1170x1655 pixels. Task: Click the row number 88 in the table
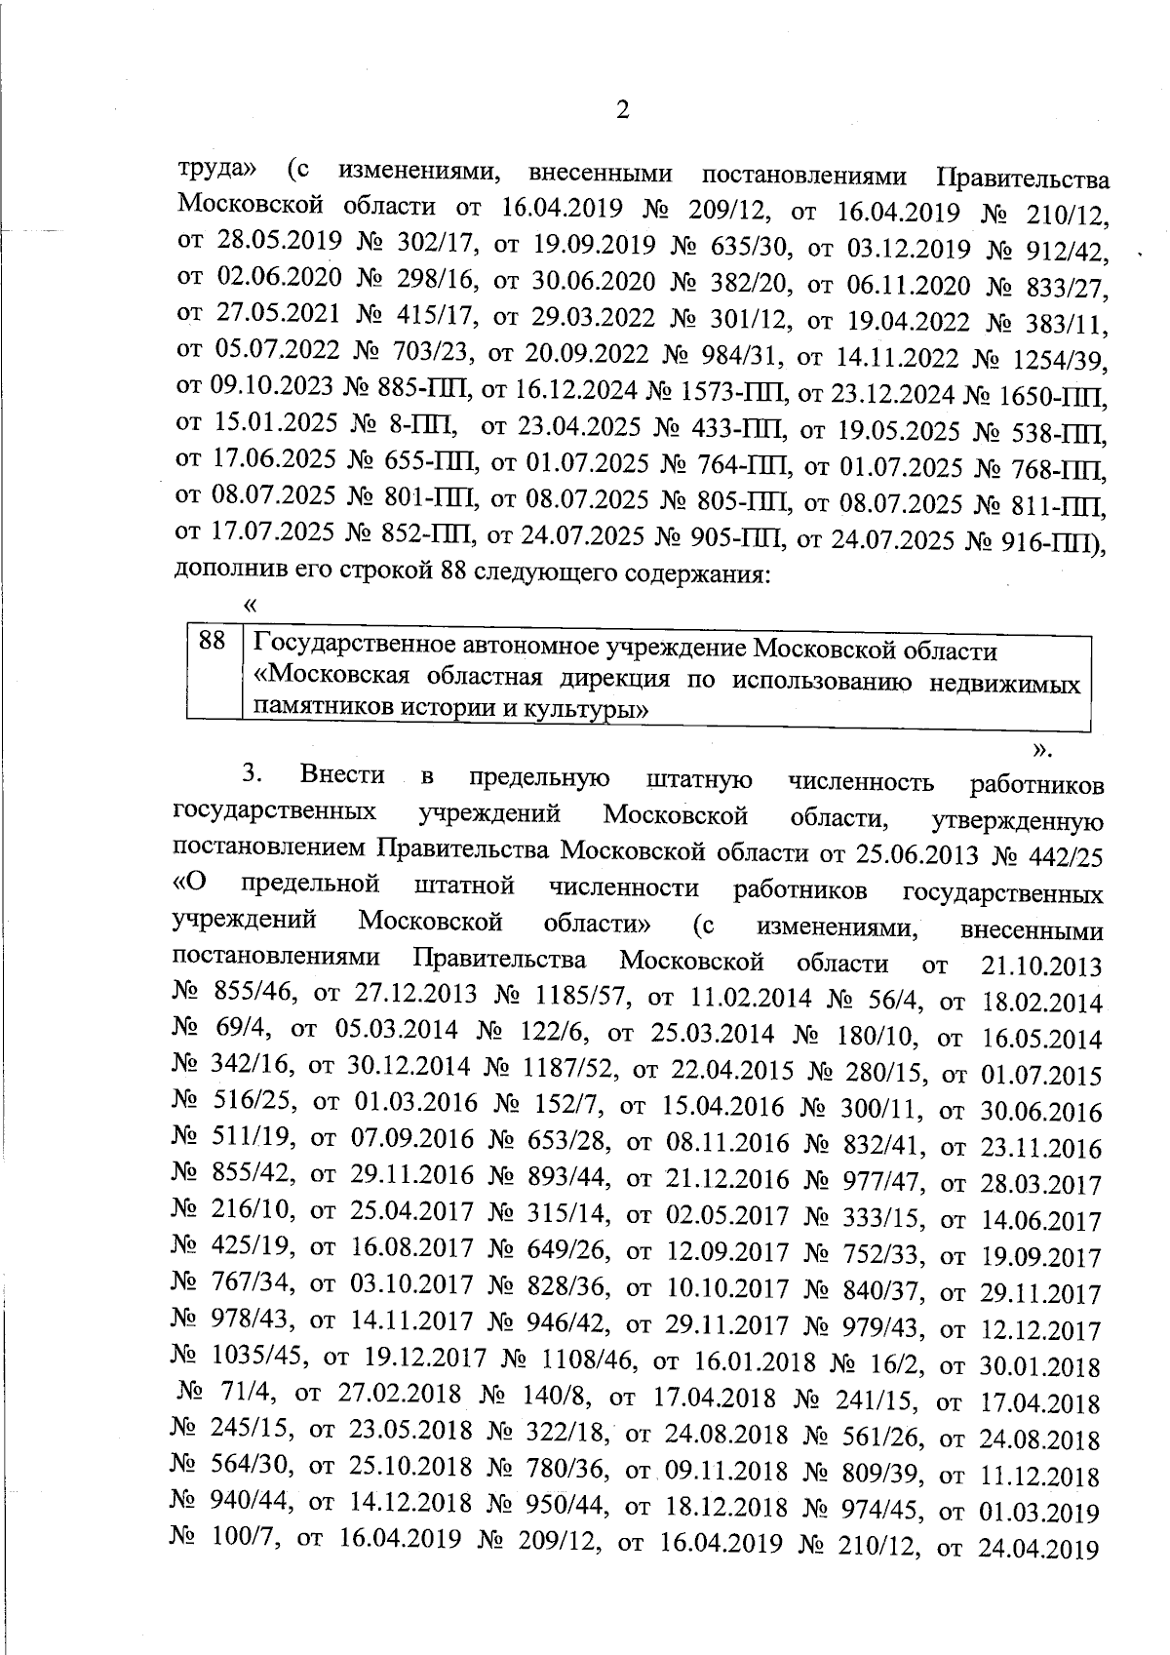point(213,642)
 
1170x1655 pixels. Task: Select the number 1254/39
point(1063,363)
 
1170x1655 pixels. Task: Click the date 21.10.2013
point(1040,966)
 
